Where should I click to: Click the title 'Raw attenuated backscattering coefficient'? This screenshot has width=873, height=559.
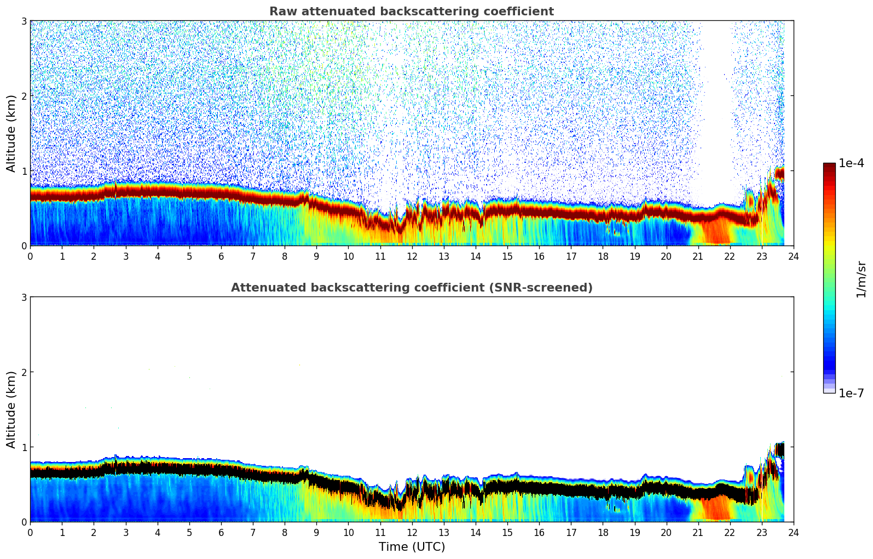pos(411,12)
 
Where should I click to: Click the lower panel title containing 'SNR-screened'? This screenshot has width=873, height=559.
pos(411,288)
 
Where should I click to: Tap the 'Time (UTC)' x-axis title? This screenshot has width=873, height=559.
pos(412,547)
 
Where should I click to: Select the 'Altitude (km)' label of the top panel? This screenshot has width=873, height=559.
pos(11,133)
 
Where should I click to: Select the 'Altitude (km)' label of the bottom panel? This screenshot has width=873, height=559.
pos(11,409)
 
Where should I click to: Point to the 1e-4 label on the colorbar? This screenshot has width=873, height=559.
pos(851,163)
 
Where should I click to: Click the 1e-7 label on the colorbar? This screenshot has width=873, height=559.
pos(851,393)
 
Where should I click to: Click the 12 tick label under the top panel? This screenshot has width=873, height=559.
pos(412,256)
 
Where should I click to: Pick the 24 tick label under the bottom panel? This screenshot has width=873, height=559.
pos(793,532)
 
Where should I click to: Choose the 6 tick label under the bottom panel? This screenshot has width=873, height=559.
pos(221,532)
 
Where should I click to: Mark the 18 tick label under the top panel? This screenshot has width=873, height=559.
pos(603,256)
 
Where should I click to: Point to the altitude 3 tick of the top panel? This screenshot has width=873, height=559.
pos(24,21)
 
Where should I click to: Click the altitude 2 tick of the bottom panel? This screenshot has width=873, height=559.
pos(24,372)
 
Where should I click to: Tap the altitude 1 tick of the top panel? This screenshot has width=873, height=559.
pos(24,171)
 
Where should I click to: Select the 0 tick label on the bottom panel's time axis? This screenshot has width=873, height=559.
pos(30,532)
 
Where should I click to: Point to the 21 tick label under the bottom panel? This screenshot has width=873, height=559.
pos(698,532)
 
